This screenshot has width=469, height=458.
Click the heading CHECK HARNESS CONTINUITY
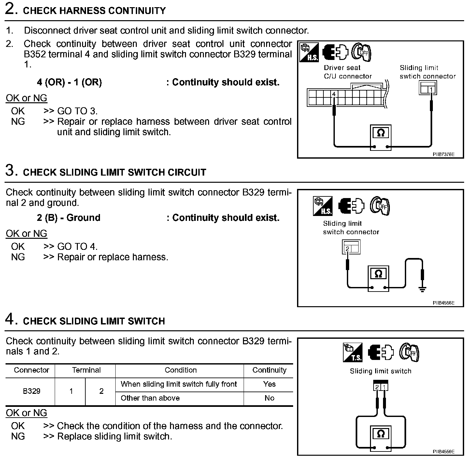94,11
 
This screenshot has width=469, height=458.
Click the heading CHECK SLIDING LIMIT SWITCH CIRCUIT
115,172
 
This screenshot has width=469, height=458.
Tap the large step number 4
11,319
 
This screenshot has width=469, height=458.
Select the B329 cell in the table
32,391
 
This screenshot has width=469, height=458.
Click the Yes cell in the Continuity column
269,384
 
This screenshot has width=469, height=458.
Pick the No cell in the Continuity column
269,398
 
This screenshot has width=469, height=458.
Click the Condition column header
180,370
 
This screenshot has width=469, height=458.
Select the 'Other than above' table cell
150,398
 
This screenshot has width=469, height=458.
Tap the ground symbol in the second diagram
422,289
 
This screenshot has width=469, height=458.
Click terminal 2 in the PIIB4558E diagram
348,249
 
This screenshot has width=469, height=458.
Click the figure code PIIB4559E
443,451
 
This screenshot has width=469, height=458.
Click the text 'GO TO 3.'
77,111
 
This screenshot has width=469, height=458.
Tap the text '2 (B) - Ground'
68,218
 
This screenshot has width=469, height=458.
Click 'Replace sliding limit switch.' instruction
114,436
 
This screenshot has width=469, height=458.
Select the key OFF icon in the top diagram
362,52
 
